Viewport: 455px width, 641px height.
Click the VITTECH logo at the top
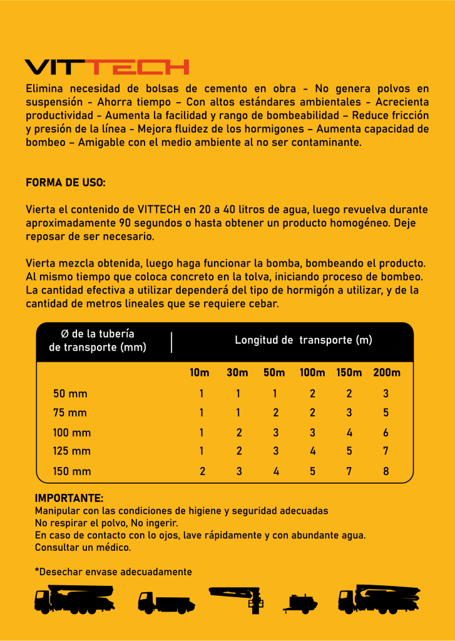(106, 67)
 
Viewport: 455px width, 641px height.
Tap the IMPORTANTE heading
(69, 499)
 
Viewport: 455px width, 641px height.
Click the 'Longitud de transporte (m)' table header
(304, 340)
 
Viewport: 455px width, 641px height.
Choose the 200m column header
(387, 372)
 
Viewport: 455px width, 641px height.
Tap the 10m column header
(200, 372)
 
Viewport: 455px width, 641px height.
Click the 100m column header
(312, 372)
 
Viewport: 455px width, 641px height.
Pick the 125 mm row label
(72, 451)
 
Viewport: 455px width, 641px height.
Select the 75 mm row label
(70, 413)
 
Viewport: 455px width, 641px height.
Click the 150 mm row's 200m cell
(386, 471)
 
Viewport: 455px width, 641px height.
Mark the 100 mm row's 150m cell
(349, 433)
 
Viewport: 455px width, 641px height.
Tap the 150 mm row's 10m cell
(202, 471)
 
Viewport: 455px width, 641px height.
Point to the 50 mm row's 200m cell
(386, 394)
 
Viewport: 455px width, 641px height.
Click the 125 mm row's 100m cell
(312, 451)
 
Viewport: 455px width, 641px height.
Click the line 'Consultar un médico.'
(83, 547)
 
